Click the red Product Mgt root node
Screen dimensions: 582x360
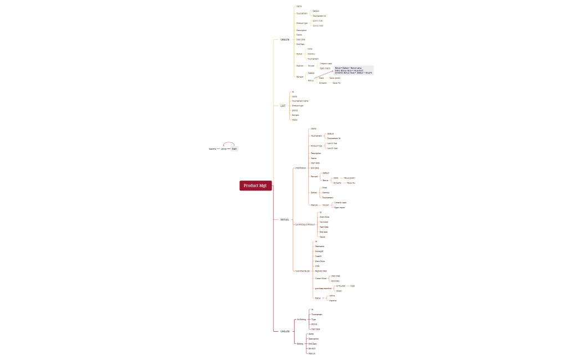pyautogui.click(x=256, y=186)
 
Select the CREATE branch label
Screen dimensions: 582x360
pyautogui.click(x=285, y=40)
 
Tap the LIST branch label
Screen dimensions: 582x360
pyautogui.click(x=283, y=105)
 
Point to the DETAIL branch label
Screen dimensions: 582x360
pyautogui.click(x=284, y=219)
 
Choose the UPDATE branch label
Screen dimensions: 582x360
pyautogui.click(x=285, y=331)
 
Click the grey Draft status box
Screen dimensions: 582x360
pyautogui.click(x=234, y=148)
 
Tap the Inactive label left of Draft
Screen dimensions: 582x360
pyautogui.click(x=212, y=149)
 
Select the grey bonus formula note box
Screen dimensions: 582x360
pyautogui.click(x=353, y=70)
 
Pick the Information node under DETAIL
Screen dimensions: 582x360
pyautogui.click(x=300, y=167)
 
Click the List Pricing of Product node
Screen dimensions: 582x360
pyautogui.click(x=304, y=224)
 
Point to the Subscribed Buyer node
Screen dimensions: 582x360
pyautogui.click(x=303, y=270)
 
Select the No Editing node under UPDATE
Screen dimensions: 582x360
pyautogui.click(x=301, y=320)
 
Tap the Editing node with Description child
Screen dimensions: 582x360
pyautogui.click(x=300, y=343)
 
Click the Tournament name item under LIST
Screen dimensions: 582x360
pyautogui.click(x=300, y=101)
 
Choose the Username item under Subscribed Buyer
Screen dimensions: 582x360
pyautogui.click(x=320, y=246)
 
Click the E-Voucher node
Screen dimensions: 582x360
pyautogui.click(x=341, y=286)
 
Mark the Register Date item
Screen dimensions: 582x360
pyautogui.click(x=321, y=271)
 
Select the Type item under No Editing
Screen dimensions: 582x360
pyautogui.click(x=313, y=319)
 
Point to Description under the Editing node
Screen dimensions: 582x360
pyautogui.click(x=314, y=338)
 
